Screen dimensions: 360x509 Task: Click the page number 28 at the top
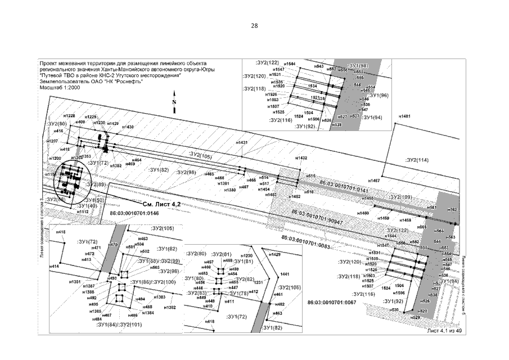point(254,26)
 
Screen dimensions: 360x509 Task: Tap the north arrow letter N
point(174,102)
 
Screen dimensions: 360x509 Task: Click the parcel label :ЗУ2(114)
point(417,160)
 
